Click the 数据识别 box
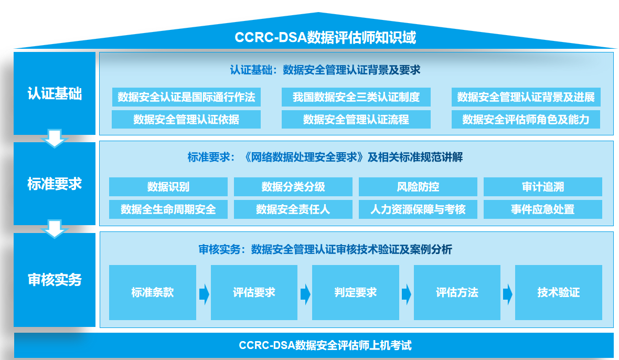click(x=168, y=187)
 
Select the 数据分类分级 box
click(x=293, y=187)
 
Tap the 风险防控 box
click(x=418, y=187)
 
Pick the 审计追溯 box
click(x=542, y=187)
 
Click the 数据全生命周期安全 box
click(x=168, y=209)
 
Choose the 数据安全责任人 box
click(x=293, y=209)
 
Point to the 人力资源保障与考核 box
click(x=418, y=209)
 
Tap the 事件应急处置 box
click(x=542, y=209)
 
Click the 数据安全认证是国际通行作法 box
click(x=186, y=97)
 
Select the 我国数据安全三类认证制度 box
click(x=356, y=97)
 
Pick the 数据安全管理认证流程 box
click(x=356, y=120)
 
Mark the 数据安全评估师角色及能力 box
click(x=526, y=120)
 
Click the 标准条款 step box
click(x=152, y=292)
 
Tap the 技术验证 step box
click(x=558, y=292)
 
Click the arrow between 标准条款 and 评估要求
click(x=204, y=294)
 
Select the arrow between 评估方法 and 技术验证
click(x=507, y=294)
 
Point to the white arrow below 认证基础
click(x=55, y=139)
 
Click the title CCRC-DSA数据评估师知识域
click(x=325, y=38)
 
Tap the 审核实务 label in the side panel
click(x=55, y=280)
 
